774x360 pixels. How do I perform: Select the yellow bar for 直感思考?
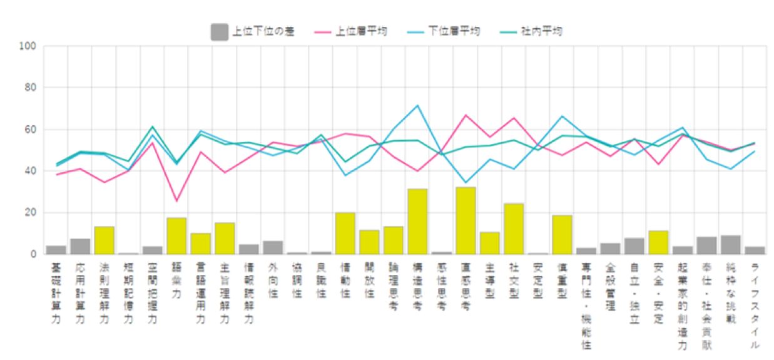tap(466, 221)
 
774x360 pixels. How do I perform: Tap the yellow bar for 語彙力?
tap(176, 236)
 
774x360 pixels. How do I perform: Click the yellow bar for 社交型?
tap(514, 229)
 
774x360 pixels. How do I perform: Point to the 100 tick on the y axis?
tap(29, 46)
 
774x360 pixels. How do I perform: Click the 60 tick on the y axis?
tap(31, 130)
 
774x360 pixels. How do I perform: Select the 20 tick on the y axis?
tap(31, 213)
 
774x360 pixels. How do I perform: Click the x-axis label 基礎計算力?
tap(56, 294)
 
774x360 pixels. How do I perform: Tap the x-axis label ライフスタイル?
tap(755, 307)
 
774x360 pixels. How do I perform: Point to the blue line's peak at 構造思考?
tap(417, 105)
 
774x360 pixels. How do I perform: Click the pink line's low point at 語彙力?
tap(176, 201)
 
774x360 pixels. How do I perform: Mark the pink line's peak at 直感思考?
tap(466, 115)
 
